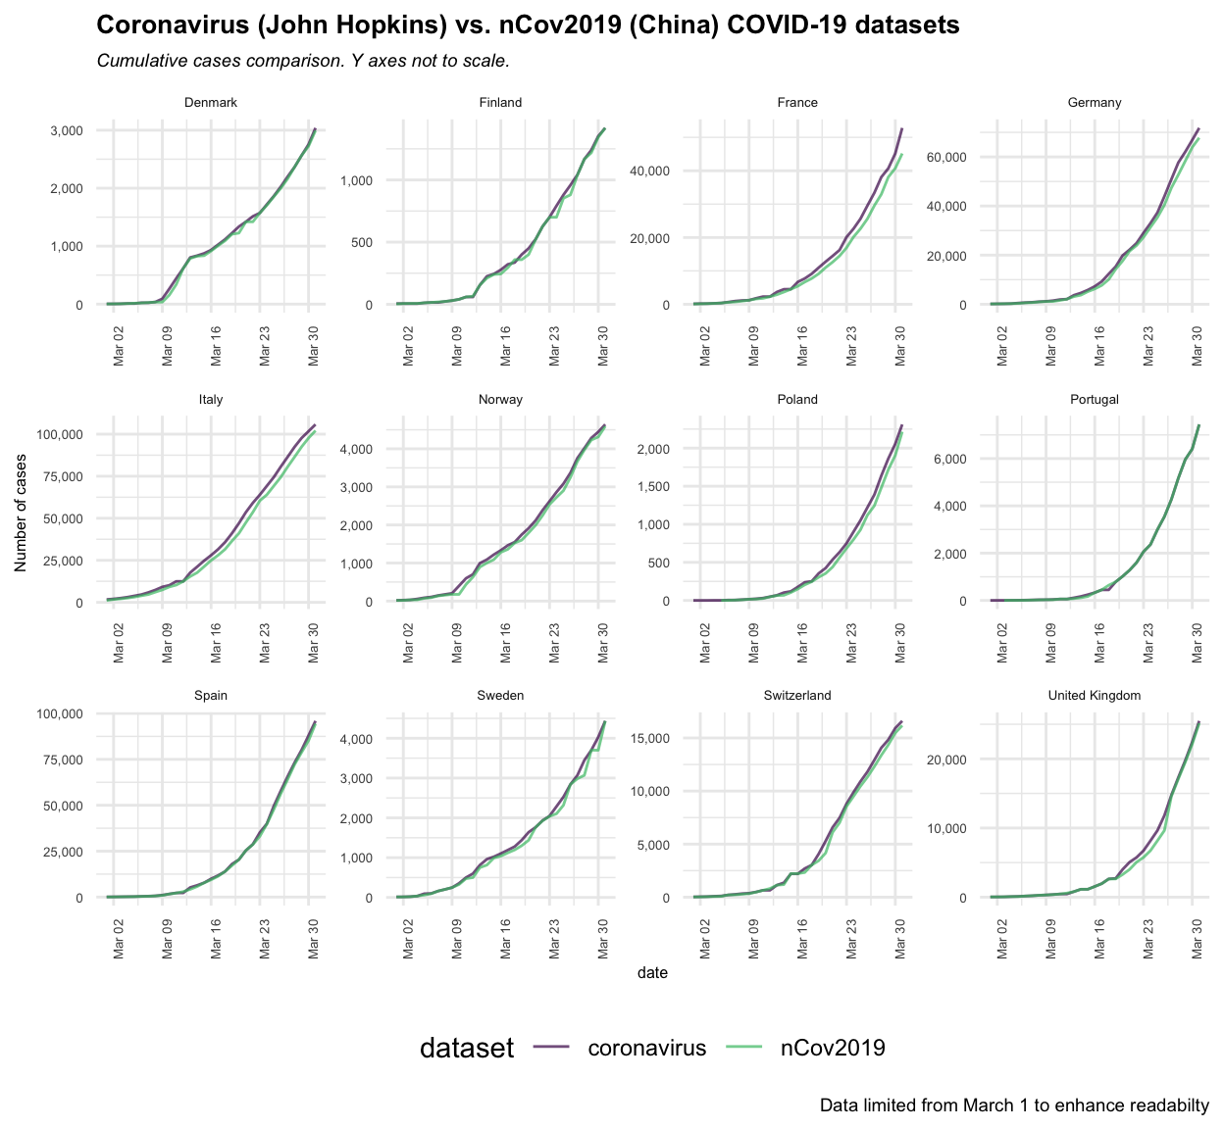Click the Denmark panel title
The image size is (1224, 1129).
click(x=210, y=103)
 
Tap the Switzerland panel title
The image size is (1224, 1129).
click(x=796, y=696)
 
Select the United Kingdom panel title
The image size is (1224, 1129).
click(x=1094, y=696)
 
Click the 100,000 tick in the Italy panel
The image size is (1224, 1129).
click(x=61, y=434)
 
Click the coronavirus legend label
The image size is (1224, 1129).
click(x=646, y=1048)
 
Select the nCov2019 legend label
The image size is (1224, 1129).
click(x=833, y=1048)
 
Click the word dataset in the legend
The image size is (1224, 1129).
click(x=466, y=1049)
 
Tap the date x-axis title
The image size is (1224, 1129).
click(x=652, y=973)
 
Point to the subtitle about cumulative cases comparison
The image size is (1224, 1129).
click(x=303, y=61)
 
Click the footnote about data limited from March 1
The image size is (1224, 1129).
click(x=1014, y=1105)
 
